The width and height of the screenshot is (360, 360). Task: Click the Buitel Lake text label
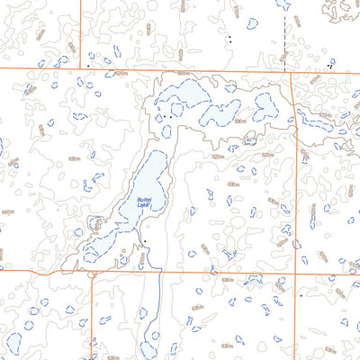pyautogui.click(x=144, y=202)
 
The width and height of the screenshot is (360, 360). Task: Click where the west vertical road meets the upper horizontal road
pyautogui.click(x=80, y=68)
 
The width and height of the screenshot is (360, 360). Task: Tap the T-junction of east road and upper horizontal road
pyautogui.click(x=292, y=74)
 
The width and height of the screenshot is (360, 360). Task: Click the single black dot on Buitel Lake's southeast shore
pyautogui.click(x=142, y=242)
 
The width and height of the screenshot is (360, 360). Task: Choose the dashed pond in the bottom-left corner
pyautogui.click(x=13, y=343)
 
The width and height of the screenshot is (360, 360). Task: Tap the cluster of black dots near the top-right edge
pyautogui.click(x=330, y=65)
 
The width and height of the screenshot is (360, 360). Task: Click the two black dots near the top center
pyautogui.click(x=229, y=40)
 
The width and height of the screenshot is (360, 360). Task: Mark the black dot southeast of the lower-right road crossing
pyautogui.click(x=301, y=294)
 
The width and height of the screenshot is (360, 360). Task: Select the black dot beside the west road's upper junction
pyautogui.click(x=88, y=65)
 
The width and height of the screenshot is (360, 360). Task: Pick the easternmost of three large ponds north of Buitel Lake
pyautogui.click(x=265, y=108)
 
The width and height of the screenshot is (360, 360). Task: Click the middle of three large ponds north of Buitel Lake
pyautogui.click(x=220, y=113)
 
